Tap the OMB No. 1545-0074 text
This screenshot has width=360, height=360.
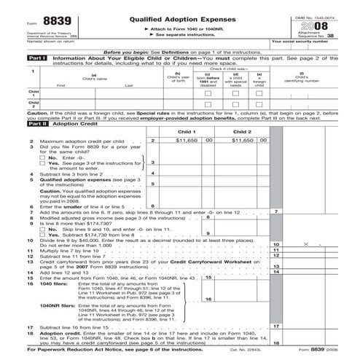click(x=332, y=7)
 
